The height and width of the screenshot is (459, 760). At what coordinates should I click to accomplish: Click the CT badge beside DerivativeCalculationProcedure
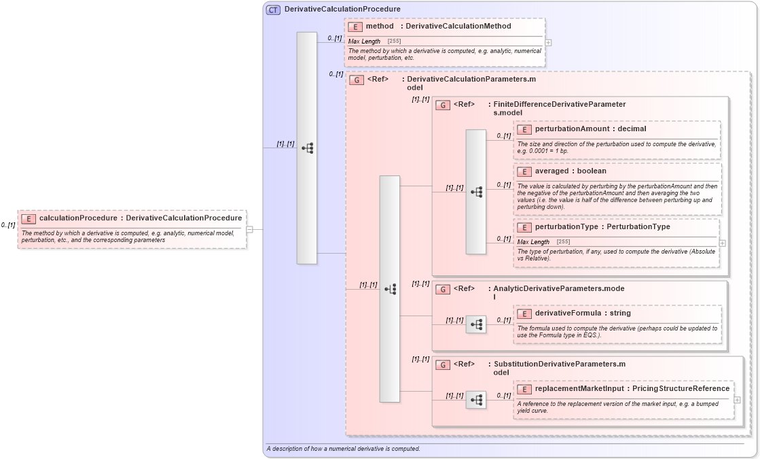(x=273, y=10)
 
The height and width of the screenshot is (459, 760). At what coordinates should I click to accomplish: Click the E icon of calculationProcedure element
(x=29, y=218)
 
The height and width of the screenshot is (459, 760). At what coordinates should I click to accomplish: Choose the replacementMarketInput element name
(x=579, y=389)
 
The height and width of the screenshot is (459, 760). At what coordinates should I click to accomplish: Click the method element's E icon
(x=355, y=27)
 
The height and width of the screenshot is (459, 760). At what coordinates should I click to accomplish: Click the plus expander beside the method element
(x=548, y=42)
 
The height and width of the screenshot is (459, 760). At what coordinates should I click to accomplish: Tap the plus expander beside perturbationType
(x=722, y=243)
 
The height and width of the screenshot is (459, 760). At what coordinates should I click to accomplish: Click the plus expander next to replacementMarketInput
(x=737, y=400)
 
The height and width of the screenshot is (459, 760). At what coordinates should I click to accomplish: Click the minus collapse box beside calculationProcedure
(x=249, y=229)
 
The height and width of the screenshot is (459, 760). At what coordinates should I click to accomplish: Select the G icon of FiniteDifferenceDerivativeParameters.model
(x=443, y=105)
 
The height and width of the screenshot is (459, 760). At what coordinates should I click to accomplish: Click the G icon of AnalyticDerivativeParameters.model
(x=443, y=289)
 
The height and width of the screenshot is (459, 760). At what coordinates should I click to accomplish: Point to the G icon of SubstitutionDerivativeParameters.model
(x=443, y=364)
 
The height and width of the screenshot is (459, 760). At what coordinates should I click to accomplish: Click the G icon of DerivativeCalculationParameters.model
(x=356, y=80)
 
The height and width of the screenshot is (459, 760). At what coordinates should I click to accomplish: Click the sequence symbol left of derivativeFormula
(x=476, y=324)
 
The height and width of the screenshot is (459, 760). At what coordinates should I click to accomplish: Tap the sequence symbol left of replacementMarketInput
(x=476, y=400)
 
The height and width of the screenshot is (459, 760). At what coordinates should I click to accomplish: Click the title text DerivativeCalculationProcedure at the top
(x=342, y=10)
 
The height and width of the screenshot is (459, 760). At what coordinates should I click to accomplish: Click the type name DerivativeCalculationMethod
(x=458, y=27)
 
